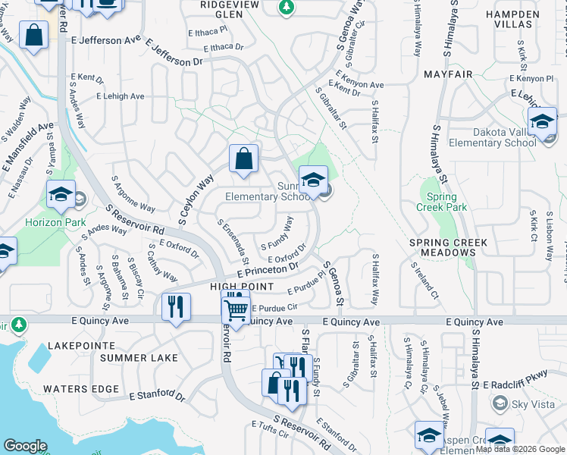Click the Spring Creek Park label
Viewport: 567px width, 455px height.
coord(442,201)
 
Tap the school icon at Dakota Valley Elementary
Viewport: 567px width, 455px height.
coord(543,121)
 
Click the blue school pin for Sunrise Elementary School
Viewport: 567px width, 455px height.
coord(312,180)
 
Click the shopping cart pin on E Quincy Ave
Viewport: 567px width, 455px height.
coord(236,309)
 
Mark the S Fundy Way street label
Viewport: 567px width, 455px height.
coord(277,234)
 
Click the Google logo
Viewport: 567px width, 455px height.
coord(26,446)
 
